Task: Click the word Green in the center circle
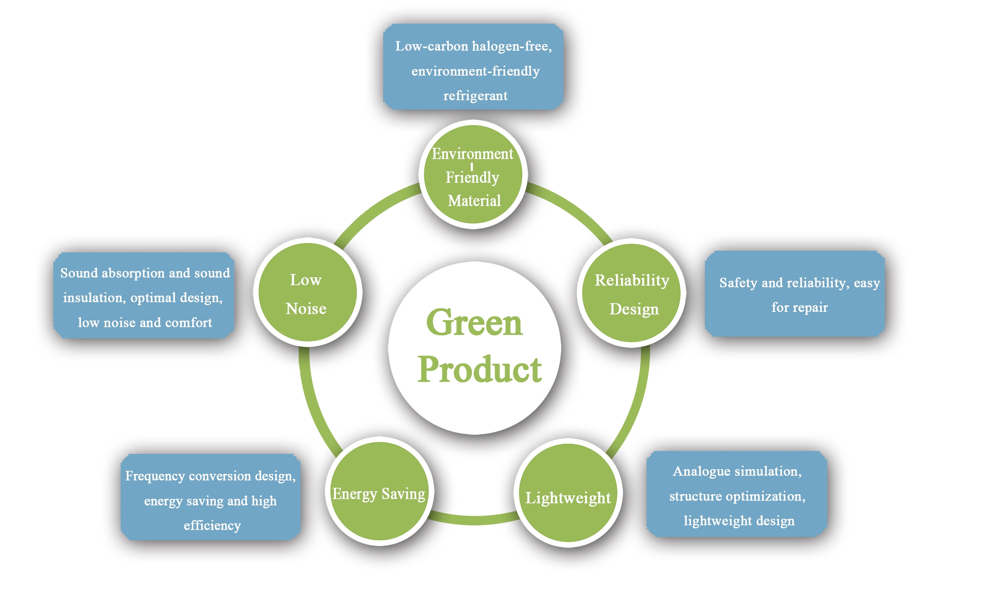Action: (474, 323)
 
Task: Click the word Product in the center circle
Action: (479, 369)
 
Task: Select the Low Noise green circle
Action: (307, 293)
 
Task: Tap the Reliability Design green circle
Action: (632, 293)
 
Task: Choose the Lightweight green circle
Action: (568, 493)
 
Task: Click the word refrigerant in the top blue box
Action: (475, 96)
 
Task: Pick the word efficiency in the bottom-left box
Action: (212, 525)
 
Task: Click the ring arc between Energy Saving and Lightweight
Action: (474, 520)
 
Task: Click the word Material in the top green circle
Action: (474, 201)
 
